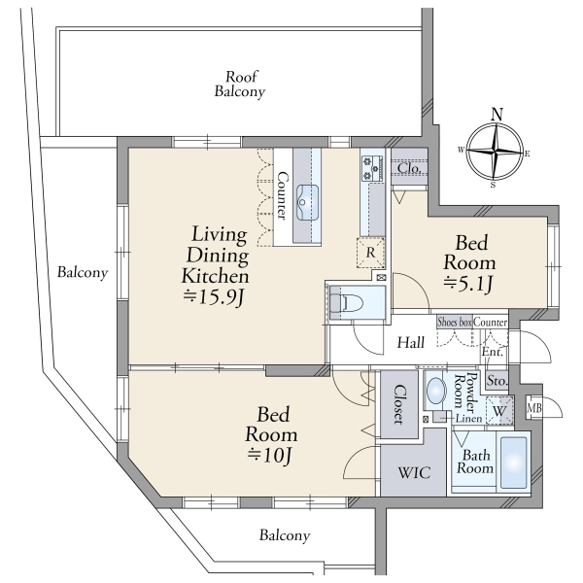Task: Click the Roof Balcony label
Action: tap(240, 84)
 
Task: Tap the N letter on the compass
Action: tap(497, 114)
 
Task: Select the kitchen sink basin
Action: tap(307, 203)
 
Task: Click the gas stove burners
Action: tap(372, 168)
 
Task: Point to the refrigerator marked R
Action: tap(371, 253)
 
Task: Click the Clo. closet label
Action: tap(409, 168)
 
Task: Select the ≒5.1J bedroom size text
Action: tap(468, 285)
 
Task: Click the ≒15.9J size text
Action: tap(215, 297)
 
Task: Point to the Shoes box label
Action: tap(455, 322)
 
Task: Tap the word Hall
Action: tap(410, 342)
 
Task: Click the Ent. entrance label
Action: tap(493, 352)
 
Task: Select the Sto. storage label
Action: tap(497, 381)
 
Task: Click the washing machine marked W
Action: tap(499, 411)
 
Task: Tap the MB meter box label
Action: tap(533, 408)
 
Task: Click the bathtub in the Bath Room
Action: tap(513, 463)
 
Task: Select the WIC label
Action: tap(414, 473)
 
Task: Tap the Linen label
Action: tap(469, 419)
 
